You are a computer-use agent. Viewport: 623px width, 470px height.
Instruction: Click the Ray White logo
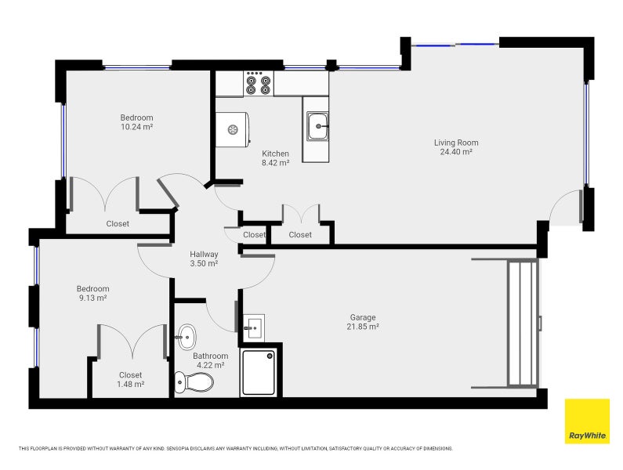click(586, 421)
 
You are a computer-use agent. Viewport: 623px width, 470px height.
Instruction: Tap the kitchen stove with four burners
click(259, 83)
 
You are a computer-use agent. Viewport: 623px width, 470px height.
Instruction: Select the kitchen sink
click(317, 125)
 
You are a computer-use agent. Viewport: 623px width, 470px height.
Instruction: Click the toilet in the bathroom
click(194, 383)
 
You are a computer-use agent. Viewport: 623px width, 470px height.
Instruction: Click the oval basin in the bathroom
click(186, 338)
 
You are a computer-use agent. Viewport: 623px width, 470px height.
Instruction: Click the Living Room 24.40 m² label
click(456, 147)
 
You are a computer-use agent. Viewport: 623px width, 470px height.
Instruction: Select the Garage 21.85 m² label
click(364, 322)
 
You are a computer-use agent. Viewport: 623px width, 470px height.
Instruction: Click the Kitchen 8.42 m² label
click(275, 158)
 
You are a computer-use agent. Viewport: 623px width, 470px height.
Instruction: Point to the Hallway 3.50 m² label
click(204, 259)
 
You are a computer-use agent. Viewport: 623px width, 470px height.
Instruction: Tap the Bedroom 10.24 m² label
click(136, 122)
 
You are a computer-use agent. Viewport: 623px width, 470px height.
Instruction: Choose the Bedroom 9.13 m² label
click(92, 293)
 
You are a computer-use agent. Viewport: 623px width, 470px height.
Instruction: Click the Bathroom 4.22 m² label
click(209, 360)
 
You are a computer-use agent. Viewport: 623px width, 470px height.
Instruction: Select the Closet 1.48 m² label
click(131, 379)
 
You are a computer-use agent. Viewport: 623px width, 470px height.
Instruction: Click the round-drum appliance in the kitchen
click(233, 130)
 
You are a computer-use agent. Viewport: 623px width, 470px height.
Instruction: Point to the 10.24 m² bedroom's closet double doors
click(104, 194)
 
